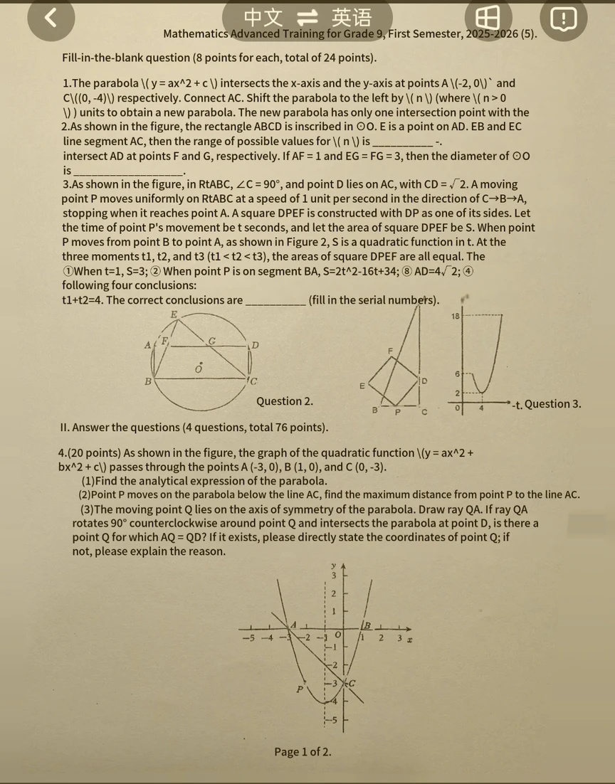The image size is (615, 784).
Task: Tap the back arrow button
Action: tap(51, 19)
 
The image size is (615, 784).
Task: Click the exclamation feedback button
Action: tap(563, 19)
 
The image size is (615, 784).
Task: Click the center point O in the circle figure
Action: tap(199, 369)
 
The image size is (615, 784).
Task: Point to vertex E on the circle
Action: tap(173, 314)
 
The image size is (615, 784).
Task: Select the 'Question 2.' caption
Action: tap(284, 401)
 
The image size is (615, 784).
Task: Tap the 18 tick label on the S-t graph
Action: tap(456, 315)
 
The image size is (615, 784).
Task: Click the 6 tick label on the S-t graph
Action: tap(457, 374)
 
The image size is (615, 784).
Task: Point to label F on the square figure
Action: tap(390, 350)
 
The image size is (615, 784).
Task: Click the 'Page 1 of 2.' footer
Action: tap(303, 752)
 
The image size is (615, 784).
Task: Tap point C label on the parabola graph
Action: tap(352, 684)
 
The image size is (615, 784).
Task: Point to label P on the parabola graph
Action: tap(300, 689)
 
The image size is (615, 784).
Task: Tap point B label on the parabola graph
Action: tap(367, 625)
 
